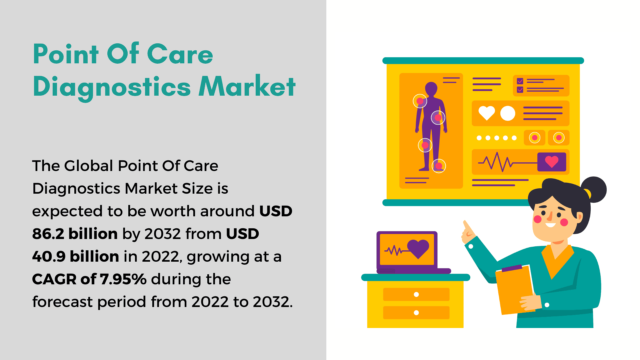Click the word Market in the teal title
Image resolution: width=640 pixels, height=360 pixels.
(247, 86)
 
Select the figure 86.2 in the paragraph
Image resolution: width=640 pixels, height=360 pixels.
(48, 234)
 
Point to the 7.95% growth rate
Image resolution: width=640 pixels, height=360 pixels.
(123, 279)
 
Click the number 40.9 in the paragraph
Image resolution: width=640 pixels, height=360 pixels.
(49, 256)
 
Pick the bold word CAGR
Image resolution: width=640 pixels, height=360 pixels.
(49, 279)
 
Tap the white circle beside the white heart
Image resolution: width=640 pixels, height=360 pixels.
(508, 113)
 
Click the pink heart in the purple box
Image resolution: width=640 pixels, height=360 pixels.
(552, 162)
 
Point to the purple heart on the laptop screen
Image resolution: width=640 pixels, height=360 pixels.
(418, 249)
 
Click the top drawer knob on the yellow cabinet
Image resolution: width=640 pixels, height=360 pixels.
(416, 294)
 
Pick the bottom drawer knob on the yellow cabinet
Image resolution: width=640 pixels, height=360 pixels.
(416, 313)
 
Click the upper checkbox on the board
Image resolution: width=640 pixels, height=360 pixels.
(520, 81)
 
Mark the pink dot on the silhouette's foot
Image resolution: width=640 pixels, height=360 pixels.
(439, 166)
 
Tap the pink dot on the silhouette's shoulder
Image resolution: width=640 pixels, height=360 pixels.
(420, 101)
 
